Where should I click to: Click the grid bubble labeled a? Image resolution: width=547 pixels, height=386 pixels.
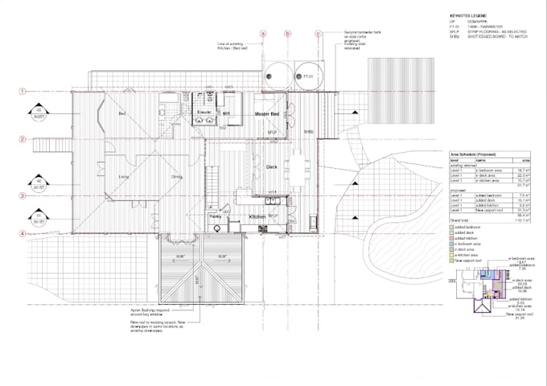point(262,34)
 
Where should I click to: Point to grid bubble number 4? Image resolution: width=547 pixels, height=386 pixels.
point(24,234)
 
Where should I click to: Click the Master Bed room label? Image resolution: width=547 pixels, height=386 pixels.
point(266,116)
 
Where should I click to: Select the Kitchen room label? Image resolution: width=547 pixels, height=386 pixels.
point(257,218)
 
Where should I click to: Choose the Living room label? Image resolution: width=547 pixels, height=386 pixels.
point(125,176)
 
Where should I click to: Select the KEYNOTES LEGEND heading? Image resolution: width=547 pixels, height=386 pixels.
point(466,16)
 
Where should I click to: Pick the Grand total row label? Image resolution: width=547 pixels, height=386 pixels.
point(459,219)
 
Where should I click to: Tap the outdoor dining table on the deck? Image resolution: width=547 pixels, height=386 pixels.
point(308,169)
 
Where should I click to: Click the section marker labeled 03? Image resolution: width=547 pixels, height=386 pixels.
point(37,111)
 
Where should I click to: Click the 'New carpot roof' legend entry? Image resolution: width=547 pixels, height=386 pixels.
point(471,262)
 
